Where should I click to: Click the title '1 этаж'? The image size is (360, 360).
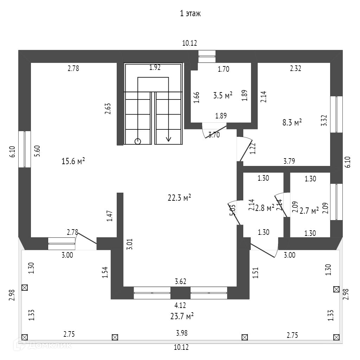click(190, 14)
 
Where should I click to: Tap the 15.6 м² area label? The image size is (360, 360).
click(73, 161)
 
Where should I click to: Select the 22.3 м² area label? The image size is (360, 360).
click(179, 198)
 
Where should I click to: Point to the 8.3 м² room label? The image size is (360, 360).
click(292, 123)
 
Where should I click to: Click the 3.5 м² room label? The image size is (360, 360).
click(223, 95)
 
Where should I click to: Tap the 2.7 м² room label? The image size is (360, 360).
click(309, 210)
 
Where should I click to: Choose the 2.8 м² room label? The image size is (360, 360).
click(265, 208)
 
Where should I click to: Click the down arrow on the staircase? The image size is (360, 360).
click(169, 138)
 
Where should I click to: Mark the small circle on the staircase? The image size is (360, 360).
click(138, 141)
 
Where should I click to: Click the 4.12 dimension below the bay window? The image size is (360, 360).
click(180, 306)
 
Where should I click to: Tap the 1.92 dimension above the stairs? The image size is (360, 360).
click(155, 67)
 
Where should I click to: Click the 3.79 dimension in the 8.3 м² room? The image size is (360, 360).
click(289, 161)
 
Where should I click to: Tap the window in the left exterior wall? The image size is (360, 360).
click(25, 149)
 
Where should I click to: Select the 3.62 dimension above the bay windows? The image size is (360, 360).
click(180, 281)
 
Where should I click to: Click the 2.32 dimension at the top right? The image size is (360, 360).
click(295, 69)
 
